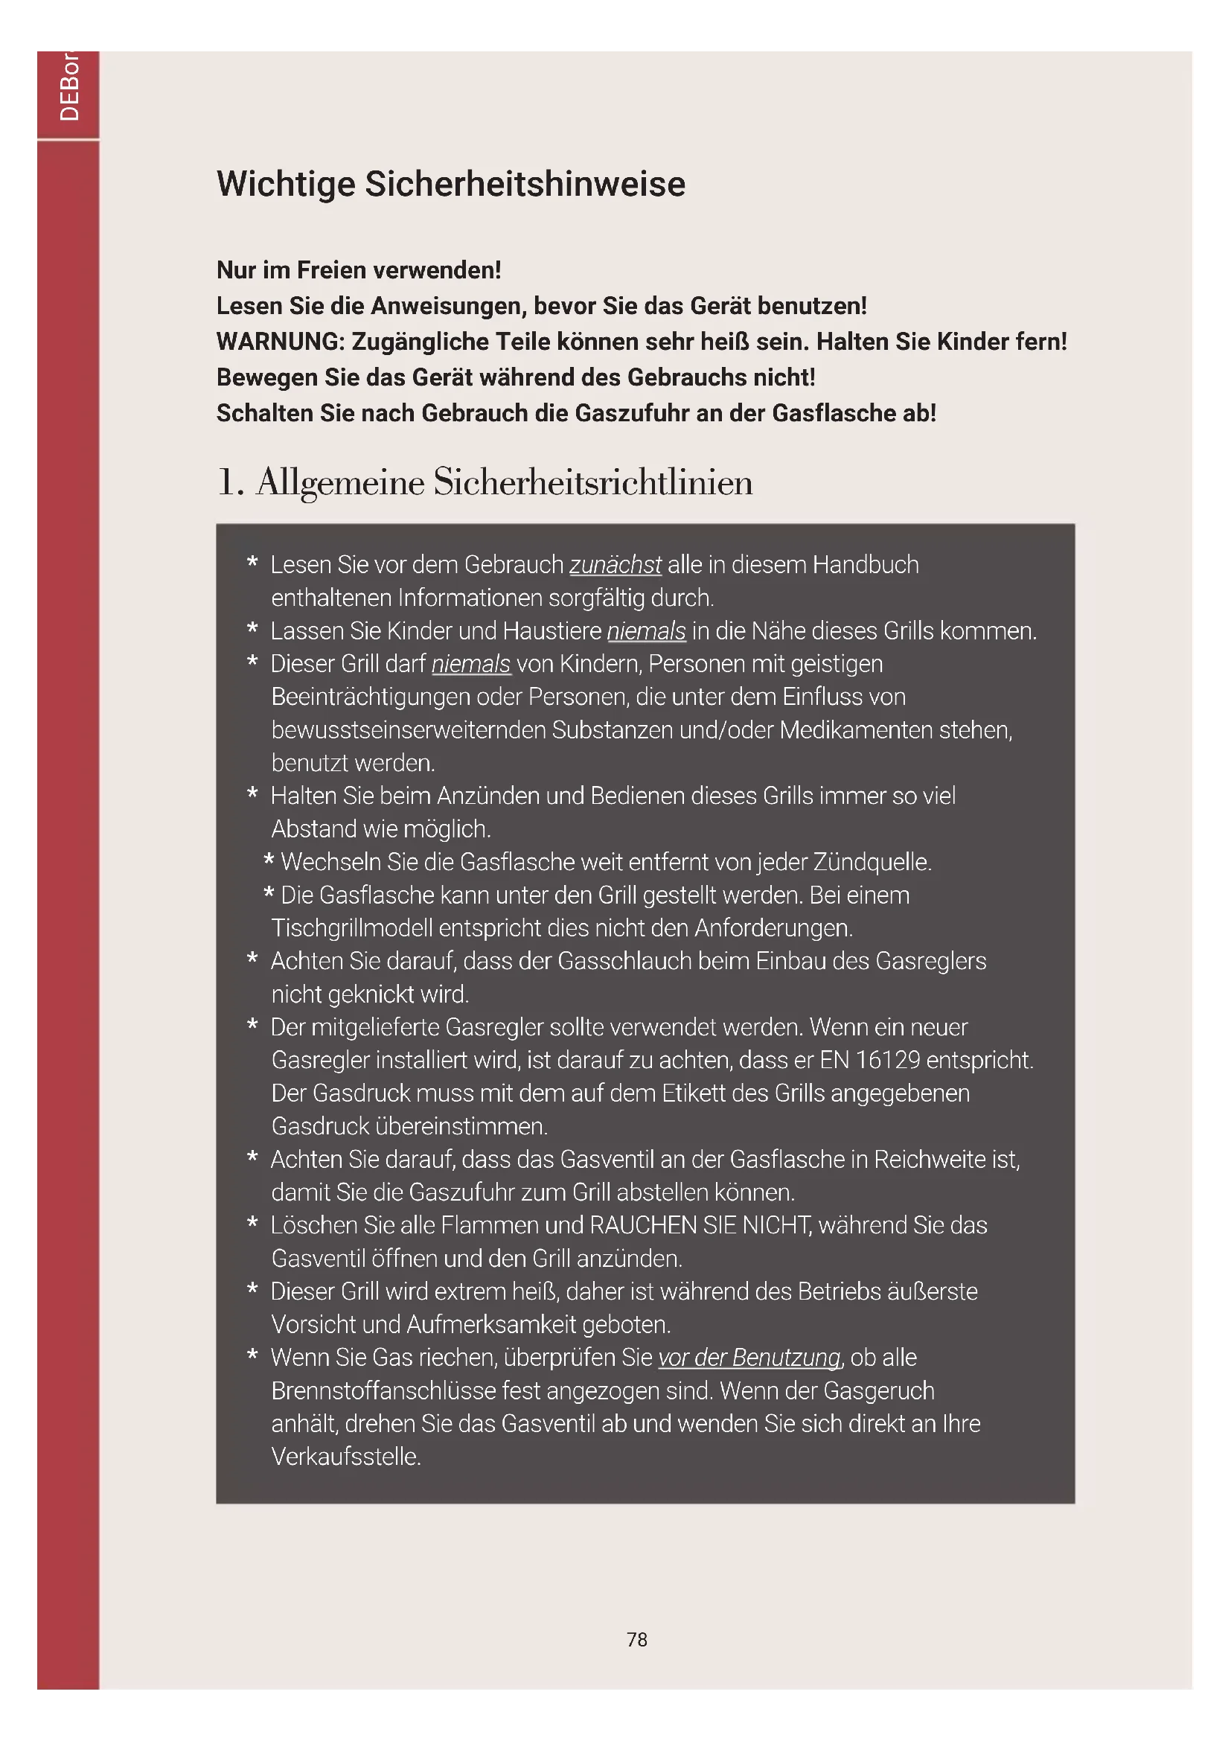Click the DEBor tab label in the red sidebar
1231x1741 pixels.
tap(69, 87)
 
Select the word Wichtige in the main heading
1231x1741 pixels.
tap(286, 185)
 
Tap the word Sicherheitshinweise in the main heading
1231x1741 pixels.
tap(525, 185)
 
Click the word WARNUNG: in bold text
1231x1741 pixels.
tap(281, 342)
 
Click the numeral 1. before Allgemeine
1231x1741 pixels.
tap(230, 482)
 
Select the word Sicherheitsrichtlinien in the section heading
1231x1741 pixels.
tap(592, 482)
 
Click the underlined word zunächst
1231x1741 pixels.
tap(615, 565)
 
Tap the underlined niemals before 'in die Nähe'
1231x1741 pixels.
tap(646, 631)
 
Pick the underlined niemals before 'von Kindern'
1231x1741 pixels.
tap(470, 664)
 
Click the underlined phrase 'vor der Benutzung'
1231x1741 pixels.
tap(749, 1358)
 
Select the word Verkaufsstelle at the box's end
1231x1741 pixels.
tap(345, 1457)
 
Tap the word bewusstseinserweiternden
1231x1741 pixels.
tap(408, 730)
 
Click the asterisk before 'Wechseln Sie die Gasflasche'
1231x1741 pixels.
tap(269, 861)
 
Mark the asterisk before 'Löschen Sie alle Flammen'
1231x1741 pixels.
tap(252, 1223)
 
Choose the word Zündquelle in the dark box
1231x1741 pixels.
tap(872, 862)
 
